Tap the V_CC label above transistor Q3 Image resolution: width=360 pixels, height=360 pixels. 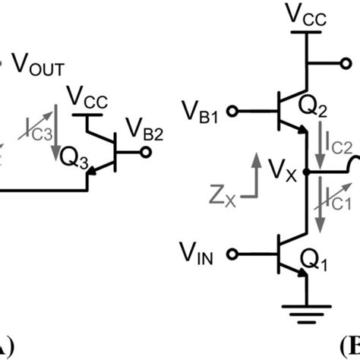click(x=86, y=96)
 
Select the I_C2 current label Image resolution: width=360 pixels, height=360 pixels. click(x=339, y=143)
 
